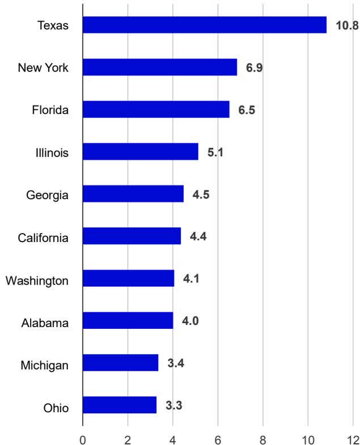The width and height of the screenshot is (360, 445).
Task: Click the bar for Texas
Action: [205, 25]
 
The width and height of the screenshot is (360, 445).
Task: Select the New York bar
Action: [160, 67]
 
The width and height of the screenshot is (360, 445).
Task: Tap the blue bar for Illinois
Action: [141, 151]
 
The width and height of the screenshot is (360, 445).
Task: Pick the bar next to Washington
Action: [129, 278]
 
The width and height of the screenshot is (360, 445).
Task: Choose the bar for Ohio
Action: [120, 405]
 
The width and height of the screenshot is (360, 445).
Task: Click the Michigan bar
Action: [121, 363]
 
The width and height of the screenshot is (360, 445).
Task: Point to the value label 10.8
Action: [347, 26]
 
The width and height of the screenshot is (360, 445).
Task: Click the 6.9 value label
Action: [254, 67]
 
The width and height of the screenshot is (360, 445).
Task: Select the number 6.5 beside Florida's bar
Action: [247, 110]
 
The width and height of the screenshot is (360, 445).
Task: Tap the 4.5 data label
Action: [201, 194]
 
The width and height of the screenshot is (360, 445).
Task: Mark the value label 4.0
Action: [190, 321]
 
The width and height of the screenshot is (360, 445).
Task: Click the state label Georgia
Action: [48, 196]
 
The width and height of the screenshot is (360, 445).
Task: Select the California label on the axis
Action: [43, 238]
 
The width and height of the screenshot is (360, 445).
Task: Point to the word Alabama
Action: [45, 323]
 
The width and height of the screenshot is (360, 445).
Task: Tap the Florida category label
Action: [50, 110]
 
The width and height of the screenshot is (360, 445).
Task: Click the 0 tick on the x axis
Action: [83, 439]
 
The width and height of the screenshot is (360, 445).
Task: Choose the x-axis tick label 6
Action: [218, 439]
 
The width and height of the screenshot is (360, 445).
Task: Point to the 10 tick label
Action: [308, 439]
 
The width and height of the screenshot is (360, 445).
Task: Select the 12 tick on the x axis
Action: [353, 439]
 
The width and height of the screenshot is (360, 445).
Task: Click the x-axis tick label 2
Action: [128, 439]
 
